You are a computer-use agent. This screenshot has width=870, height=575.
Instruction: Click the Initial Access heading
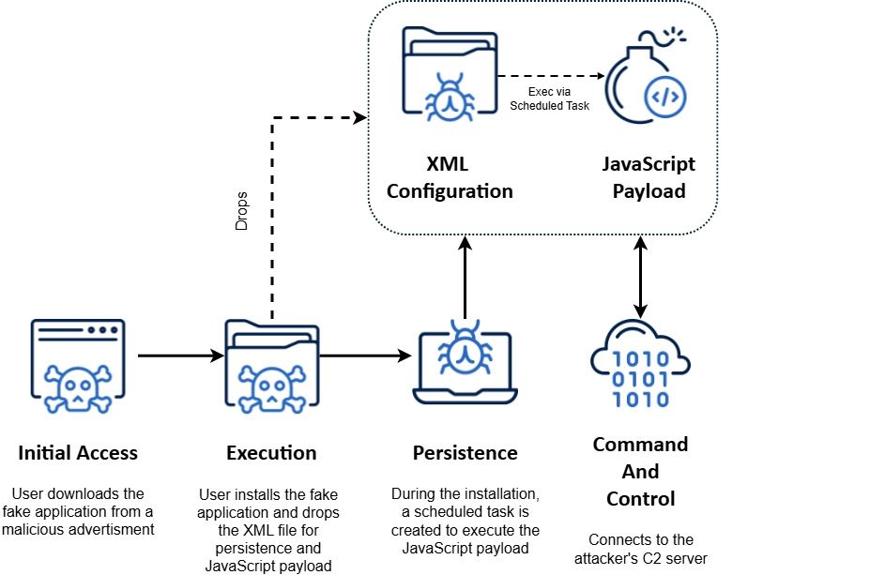[x=78, y=453]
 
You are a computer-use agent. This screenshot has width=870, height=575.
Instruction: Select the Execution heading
[x=271, y=453]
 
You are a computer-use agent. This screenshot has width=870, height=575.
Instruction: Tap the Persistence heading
[x=465, y=453]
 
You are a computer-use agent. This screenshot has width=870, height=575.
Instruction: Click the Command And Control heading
[x=640, y=471]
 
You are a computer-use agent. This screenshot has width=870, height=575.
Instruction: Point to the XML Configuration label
[x=450, y=177]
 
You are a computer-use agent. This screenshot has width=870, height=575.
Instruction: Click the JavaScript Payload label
[x=649, y=177]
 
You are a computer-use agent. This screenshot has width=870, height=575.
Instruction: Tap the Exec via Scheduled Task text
[x=549, y=98]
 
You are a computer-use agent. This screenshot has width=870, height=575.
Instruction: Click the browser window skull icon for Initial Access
[x=78, y=367]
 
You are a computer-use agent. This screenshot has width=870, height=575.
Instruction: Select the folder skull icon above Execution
[x=271, y=367]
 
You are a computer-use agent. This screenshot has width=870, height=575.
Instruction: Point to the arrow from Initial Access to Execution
[x=178, y=356]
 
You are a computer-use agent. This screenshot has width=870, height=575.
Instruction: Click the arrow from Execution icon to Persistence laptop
[x=366, y=356]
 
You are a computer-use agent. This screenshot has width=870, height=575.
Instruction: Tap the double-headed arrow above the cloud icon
[x=640, y=277]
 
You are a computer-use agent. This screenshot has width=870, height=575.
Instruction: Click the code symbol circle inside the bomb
[x=667, y=97]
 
